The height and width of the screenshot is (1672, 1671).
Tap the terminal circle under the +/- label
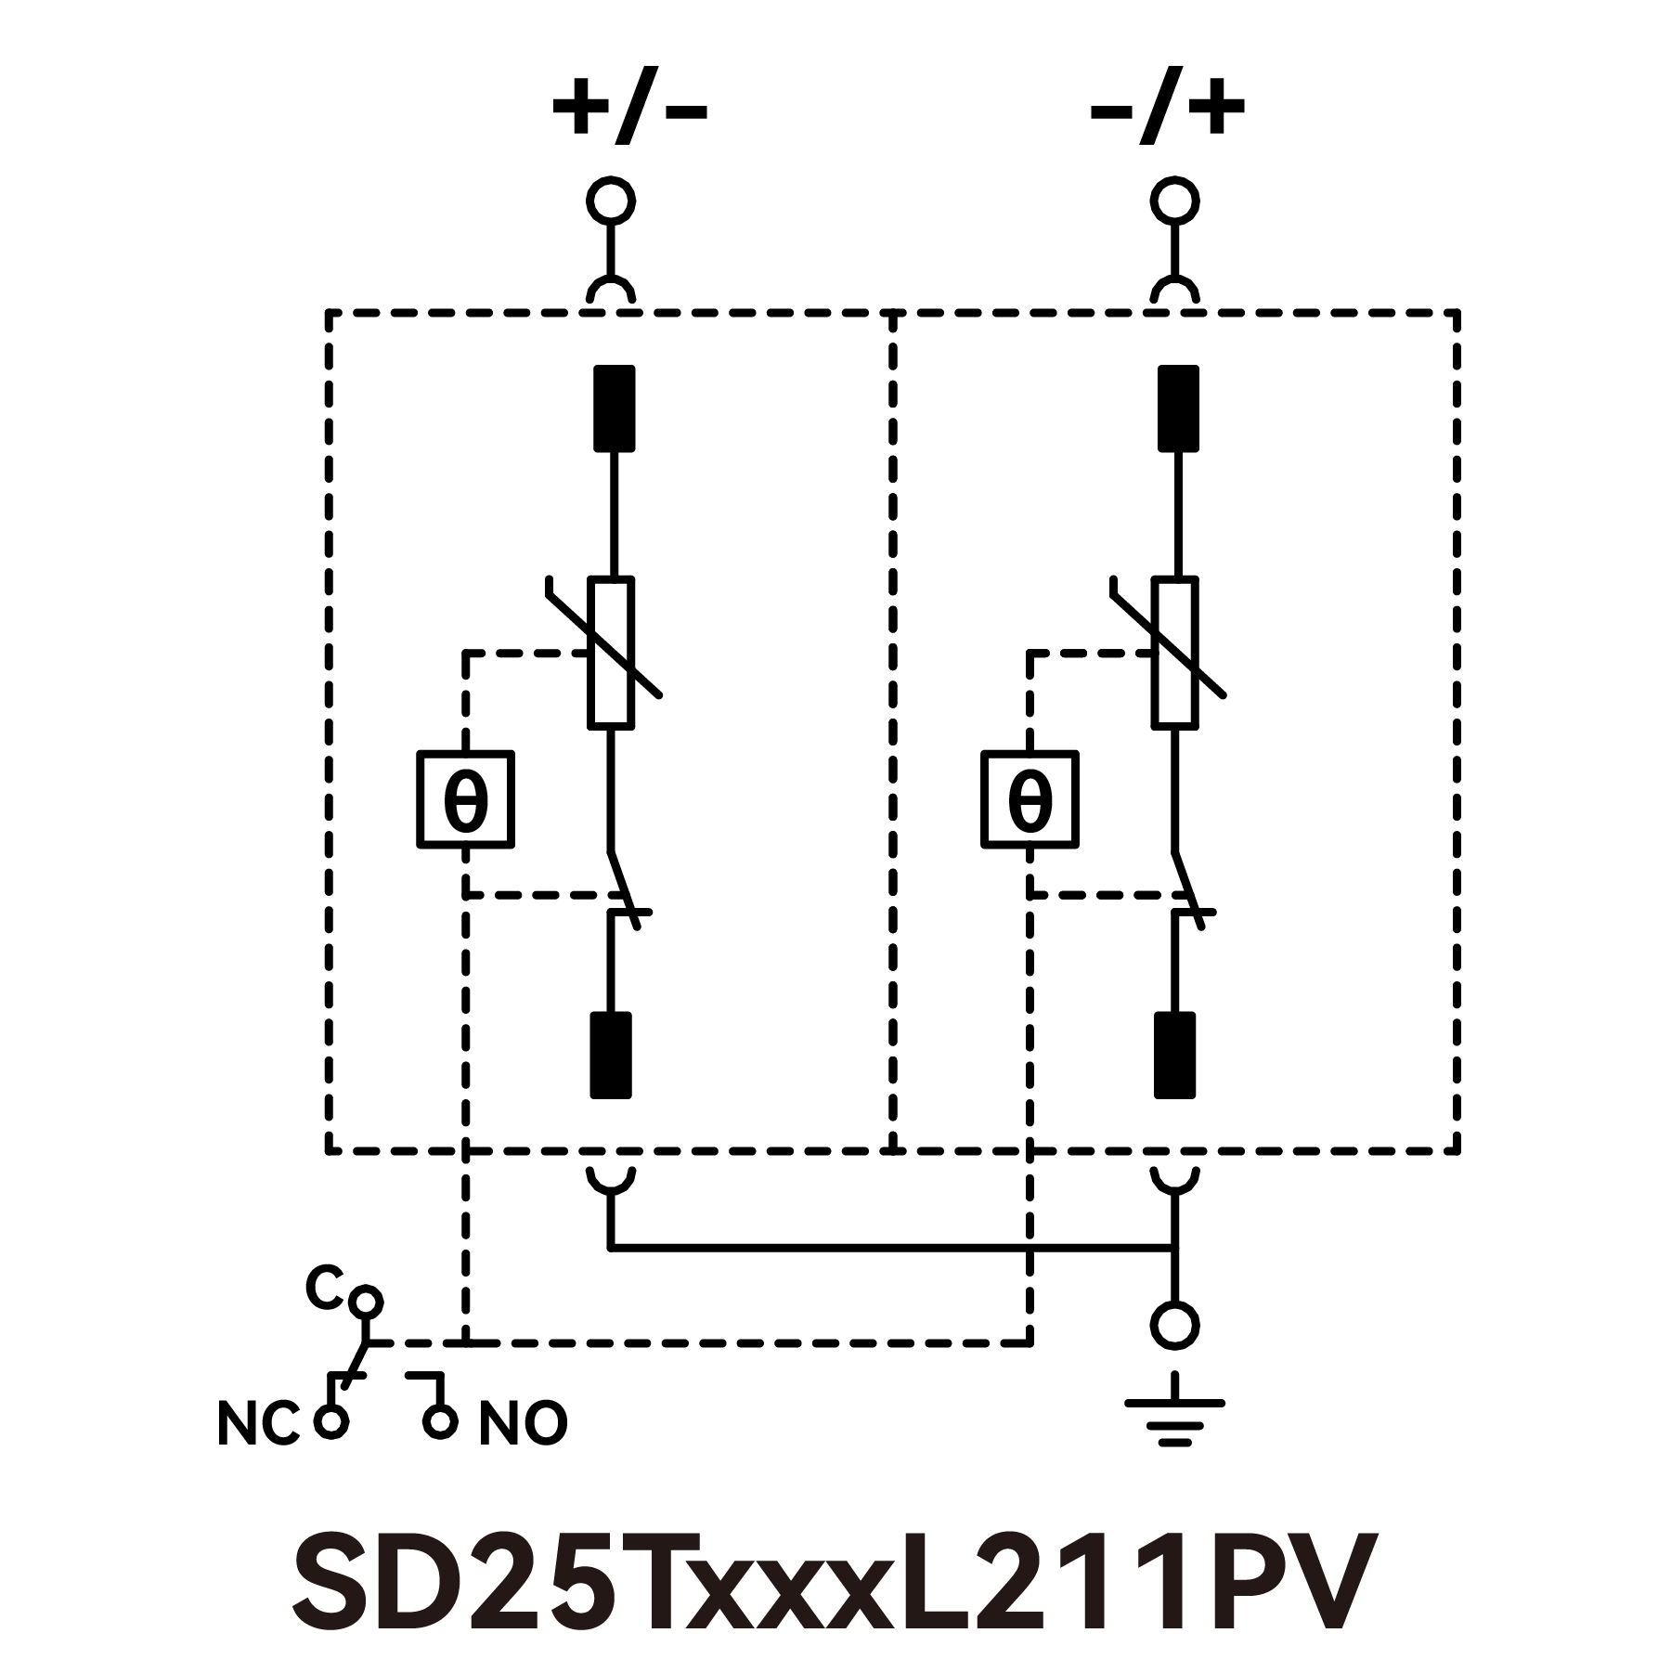(x=611, y=201)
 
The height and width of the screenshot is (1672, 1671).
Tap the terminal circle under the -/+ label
(x=1174, y=201)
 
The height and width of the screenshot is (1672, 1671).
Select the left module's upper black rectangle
(x=614, y=408)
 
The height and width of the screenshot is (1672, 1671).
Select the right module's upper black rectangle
(x=1178, y=408)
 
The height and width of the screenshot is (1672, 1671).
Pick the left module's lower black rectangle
(x=611, y=1055)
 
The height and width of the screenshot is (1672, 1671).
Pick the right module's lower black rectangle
(x=1174, y=1055)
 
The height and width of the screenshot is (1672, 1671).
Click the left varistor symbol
(x=612, y=652)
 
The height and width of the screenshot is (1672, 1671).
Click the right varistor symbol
(x=1175, y=652)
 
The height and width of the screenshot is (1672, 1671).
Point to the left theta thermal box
(x=465, y=799)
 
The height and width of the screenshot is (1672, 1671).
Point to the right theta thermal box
(x=1030, y=799)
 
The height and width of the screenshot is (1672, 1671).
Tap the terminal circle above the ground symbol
(x=1174, y=1325)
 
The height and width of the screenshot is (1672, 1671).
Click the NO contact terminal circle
(x=440, y=1421)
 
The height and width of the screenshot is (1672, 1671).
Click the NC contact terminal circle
(x=330, y=1421)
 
